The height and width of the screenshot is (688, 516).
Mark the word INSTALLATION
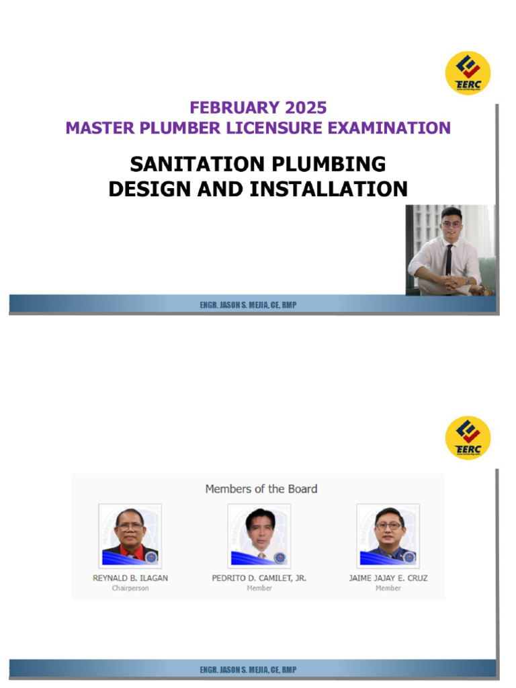pos(329,189)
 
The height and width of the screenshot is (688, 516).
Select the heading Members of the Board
pos(261,488)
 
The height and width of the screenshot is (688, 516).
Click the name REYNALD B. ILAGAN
pos(130,578)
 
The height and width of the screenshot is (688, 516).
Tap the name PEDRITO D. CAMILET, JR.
pos(259,578)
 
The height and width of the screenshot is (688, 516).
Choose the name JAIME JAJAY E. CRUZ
pos(388,578)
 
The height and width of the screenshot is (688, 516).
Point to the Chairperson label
pos(130,589)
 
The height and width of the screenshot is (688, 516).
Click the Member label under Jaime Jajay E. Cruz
pos(388,589)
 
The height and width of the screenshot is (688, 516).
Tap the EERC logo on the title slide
pos(468,73)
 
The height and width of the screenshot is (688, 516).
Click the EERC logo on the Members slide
pos(468,438)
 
